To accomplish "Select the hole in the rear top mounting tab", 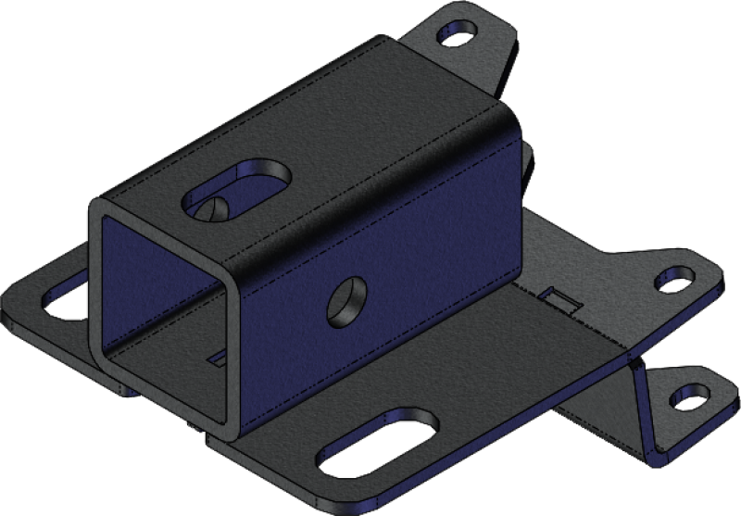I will point(457,37).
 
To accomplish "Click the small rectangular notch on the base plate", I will point(558,300).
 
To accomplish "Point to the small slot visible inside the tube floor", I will point(219,354).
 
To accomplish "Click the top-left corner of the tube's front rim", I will point(94,207).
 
